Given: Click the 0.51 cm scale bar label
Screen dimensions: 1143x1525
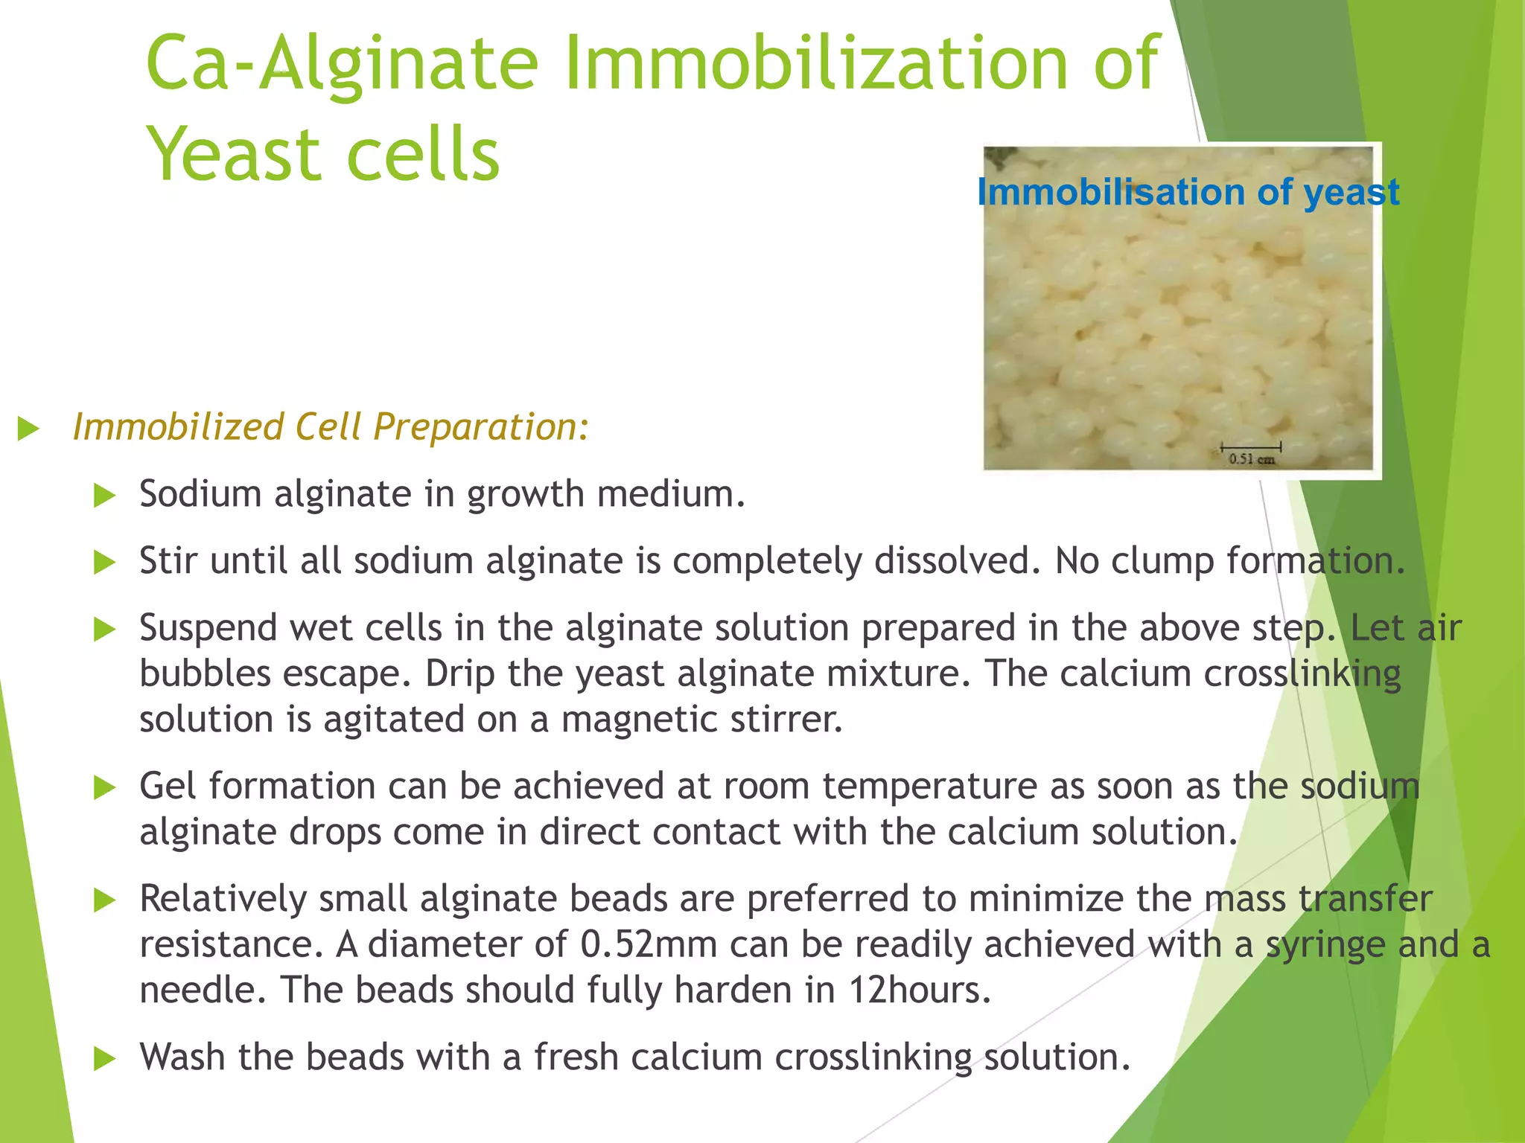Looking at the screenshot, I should (x=1251, y=459).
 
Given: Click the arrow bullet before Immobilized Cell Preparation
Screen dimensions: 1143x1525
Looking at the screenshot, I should (x=28, y=429).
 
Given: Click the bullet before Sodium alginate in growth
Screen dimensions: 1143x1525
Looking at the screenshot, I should (x=105, y=496).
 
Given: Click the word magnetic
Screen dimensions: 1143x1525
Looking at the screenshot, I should (x=639, y=720).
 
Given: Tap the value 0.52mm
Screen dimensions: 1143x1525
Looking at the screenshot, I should (x=648, y=945).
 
